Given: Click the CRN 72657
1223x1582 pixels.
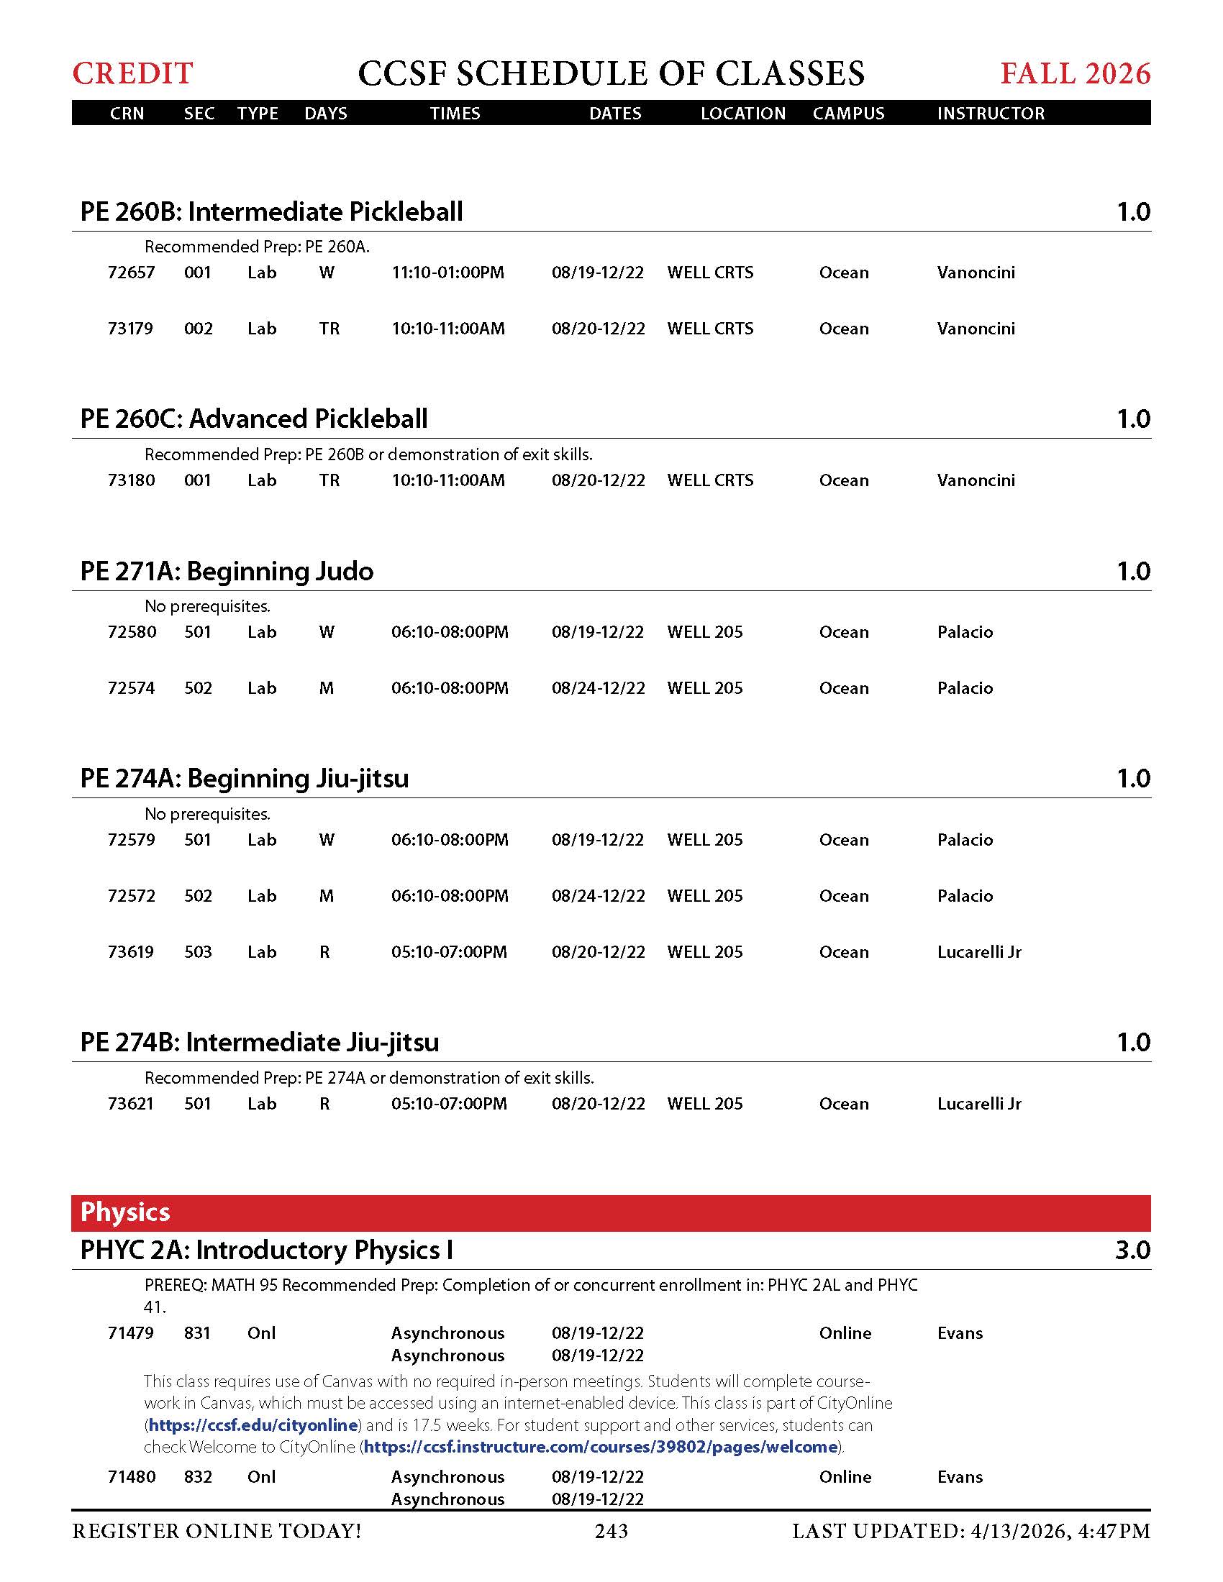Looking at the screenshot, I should (131, 273).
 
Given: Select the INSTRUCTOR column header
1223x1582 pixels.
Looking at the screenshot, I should (991, 113).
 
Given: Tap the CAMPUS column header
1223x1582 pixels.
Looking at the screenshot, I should (848, 113).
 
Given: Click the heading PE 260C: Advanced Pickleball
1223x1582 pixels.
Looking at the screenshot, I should (253, 419).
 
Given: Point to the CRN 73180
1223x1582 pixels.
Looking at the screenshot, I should (131, 480).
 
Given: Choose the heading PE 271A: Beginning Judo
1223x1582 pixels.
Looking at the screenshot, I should (227, 571).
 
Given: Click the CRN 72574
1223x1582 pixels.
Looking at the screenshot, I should (131, 688).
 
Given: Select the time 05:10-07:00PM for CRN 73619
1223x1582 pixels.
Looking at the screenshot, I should (449, 952).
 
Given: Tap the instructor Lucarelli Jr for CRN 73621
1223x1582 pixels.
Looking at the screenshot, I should (979, 1104).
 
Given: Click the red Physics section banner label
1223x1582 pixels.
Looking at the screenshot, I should (125, 1212).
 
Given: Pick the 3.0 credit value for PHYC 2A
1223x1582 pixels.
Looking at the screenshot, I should (1132, 1250).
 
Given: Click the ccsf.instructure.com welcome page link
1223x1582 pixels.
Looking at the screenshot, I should (601, 1448).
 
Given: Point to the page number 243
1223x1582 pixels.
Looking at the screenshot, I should (611, 1531).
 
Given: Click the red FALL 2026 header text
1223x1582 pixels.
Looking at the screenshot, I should (1076, 73).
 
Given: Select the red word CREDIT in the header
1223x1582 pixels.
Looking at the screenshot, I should (132, 73).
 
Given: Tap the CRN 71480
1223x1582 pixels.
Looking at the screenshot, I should (131, 1477).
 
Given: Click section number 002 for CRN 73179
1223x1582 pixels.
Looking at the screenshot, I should (198, 329).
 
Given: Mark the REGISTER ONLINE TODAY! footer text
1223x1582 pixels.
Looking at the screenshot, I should (217, 1531).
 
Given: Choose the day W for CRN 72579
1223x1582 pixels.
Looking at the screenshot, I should (327, 840).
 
